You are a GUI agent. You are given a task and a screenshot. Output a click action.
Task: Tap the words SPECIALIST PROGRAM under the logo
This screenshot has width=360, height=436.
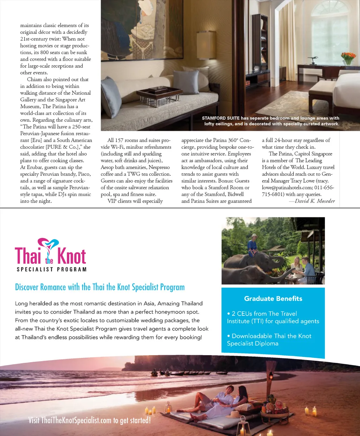coord(51,269)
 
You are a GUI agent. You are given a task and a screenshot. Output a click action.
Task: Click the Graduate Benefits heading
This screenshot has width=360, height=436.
coord(273,299)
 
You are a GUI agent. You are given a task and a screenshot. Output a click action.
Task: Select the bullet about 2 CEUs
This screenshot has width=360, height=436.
coord(273,317)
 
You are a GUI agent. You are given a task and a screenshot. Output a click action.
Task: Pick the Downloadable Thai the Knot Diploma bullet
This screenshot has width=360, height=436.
coord(269,340)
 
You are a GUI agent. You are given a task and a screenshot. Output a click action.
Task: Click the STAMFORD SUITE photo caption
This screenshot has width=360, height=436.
coord(271,121)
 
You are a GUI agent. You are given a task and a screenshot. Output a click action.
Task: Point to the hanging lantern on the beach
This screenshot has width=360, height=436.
coord(271,377)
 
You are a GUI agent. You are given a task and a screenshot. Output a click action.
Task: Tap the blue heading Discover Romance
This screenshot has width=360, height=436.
coord(99,287)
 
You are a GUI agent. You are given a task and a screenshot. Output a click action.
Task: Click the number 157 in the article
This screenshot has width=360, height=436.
coord(119,140)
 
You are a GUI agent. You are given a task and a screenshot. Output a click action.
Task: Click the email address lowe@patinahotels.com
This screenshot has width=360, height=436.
coord(287,188)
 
